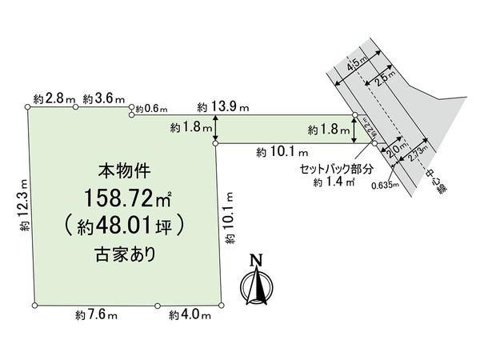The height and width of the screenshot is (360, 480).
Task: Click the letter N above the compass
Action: point(256,260)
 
